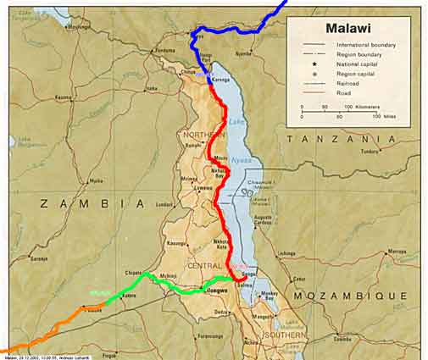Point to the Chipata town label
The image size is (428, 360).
pyautogui.click(x=134, y=273)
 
